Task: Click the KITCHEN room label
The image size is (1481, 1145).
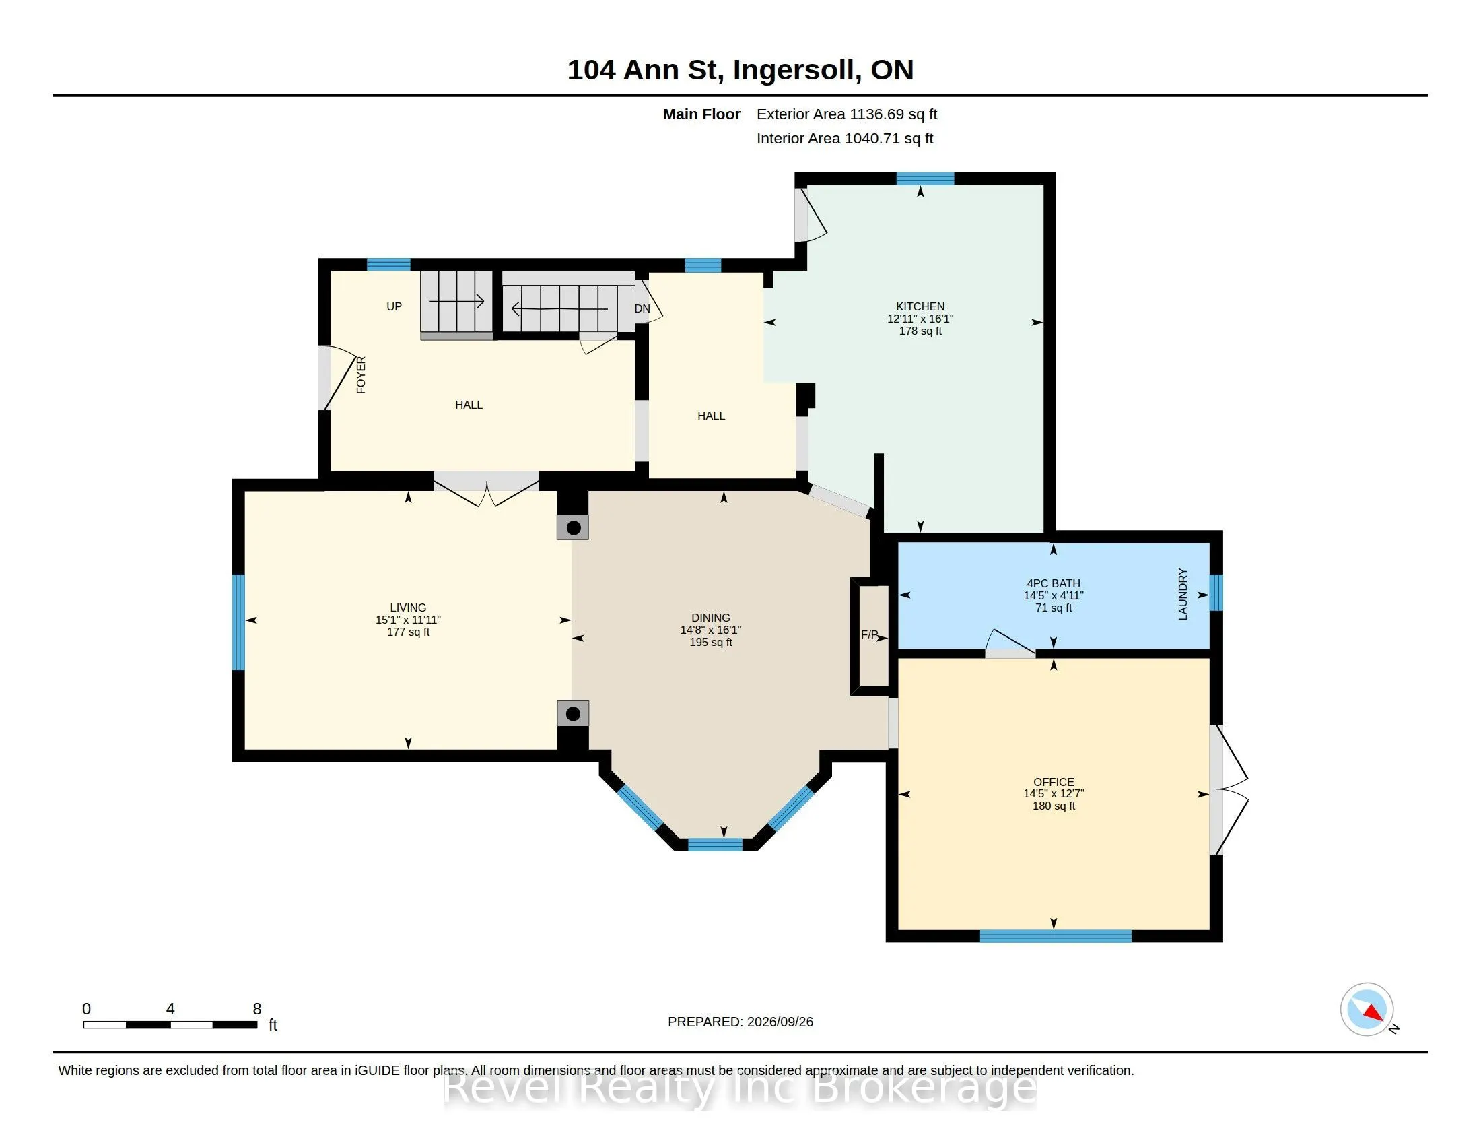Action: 920,306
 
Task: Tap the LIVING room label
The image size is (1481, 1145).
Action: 407,608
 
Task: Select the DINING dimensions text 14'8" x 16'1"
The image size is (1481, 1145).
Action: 711,630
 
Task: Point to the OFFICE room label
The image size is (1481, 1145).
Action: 1053,782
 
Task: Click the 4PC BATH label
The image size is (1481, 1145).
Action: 1053,583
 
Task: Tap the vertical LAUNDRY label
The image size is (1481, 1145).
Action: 1183,594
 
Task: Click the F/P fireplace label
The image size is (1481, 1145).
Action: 869,635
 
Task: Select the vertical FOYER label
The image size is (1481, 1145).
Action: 361,375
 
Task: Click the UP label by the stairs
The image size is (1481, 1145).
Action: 394,306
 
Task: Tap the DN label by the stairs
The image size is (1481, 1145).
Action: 642,308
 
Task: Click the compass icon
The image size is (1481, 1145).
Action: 1367,1010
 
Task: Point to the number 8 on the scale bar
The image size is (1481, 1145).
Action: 257,1009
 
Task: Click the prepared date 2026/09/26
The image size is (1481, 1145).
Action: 780,1022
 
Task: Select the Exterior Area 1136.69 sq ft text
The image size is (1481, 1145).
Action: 847,115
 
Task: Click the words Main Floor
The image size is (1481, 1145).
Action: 701,115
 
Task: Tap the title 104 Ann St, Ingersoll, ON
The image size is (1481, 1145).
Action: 740,70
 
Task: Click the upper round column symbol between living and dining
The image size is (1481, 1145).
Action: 573,528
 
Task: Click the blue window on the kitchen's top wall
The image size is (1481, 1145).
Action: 925,179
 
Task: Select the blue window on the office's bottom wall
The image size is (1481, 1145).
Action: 1056,936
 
